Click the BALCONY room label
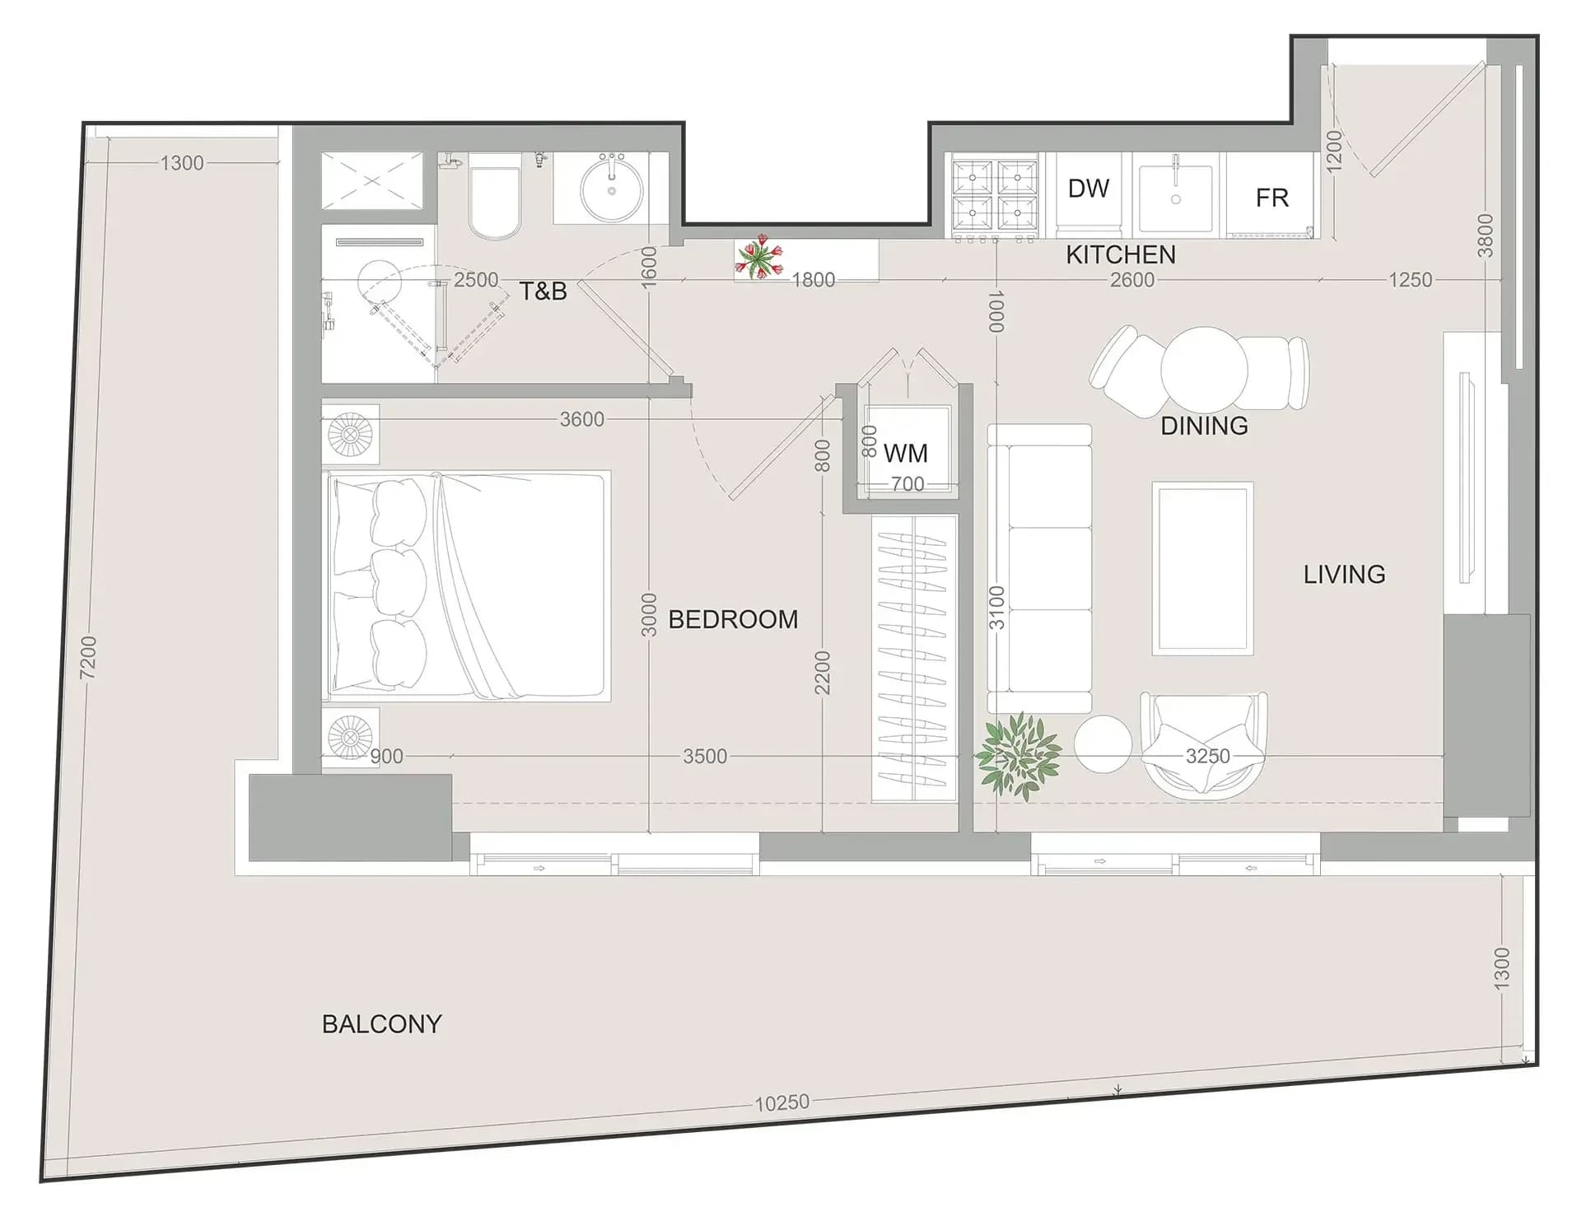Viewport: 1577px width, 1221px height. click(x=381, y=1023)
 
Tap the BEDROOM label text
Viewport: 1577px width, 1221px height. click(x=733, y=619)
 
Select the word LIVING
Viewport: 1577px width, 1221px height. click(x=1344, y=574)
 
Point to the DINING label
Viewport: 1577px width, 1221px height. click(x=1204, y=426)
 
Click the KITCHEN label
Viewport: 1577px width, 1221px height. click(x=1121, y=254)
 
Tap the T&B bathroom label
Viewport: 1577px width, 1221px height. click(x=543, y=291)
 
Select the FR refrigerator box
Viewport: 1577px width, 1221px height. click(x=1271, y=195)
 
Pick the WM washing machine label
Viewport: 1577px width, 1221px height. click(x=906, y=453)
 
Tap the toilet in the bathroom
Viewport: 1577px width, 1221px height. click(x=494, y=195)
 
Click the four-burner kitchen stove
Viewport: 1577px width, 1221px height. click(x=995, y=195)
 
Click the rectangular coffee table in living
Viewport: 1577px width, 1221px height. click(x=1202, y=569)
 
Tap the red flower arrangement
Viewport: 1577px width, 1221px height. click(x=758, y=257)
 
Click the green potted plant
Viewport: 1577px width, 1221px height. click(x=1018, y=756)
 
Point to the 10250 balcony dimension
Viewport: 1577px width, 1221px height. click(x=782, y=1102)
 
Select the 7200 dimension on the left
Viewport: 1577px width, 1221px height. click(x=88, y=657)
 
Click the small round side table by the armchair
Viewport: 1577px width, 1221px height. click(x=1103, y=744)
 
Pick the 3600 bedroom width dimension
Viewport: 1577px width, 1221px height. click(x=581, y=419)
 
